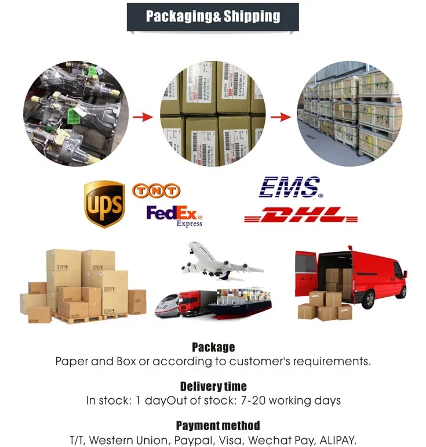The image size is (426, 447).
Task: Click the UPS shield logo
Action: (104, 204)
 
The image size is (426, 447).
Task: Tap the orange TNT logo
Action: (156, 190)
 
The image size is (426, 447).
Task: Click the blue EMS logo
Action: (289, 188)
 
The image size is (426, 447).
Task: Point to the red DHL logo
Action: (301, 216)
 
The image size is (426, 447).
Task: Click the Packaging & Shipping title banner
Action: (213, 16)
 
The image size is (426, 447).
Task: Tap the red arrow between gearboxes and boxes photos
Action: (143, 117)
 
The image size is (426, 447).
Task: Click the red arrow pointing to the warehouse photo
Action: (281, 117)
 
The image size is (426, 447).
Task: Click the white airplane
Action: (220, 262)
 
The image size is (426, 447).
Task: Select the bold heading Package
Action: (213, 347)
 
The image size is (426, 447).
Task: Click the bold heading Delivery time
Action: (213, 386)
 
